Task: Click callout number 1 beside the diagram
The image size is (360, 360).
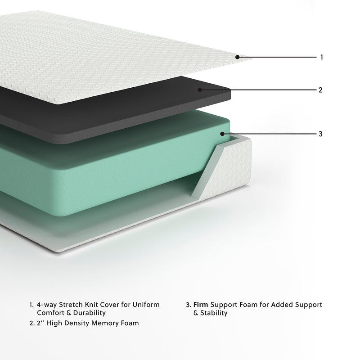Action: (321, 57)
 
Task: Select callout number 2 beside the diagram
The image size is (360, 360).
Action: (320, 90)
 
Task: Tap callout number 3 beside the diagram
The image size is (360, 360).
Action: (320, 134)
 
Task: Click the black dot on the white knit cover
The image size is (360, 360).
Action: (237, 57)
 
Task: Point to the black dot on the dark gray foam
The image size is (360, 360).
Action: (199, 90)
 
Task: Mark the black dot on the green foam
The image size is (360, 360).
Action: (222, 133)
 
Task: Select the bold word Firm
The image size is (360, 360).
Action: (201, 305)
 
